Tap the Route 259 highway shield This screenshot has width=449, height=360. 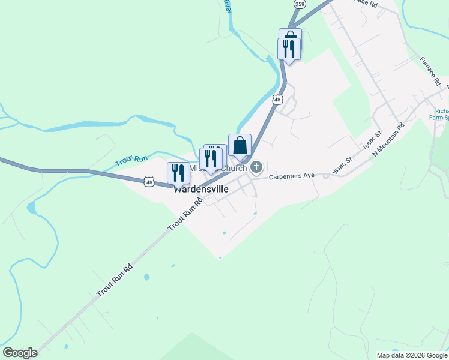pos(300,4)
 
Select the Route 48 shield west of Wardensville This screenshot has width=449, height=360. pos(149,181)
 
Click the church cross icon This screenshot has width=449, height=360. pos(257,167)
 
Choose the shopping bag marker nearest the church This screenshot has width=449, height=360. pos(240,146)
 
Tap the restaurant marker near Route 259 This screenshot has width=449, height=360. pos(289,50)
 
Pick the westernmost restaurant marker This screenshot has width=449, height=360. pos(178,173)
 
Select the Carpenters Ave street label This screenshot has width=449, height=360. pos(292,176)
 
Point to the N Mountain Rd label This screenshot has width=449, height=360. pos(388,139)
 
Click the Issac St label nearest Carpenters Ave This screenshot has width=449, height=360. pos(342,163)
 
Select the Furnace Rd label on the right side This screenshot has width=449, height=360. pos(430,70)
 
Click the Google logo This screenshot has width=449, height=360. pos(20,353)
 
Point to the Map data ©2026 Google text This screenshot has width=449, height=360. pos(412,355)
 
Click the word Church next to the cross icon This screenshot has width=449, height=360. pos(234,169)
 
